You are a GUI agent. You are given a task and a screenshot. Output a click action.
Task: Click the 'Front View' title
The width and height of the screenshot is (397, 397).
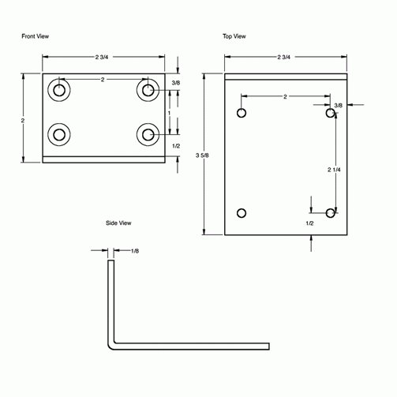pos(35,36)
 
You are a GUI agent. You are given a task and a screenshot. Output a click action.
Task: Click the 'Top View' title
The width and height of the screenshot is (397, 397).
pos(234,36)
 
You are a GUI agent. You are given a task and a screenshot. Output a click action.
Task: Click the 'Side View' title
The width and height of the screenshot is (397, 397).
pos(118,223)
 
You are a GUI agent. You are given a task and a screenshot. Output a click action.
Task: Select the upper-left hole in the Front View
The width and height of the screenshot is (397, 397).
pos(58,91)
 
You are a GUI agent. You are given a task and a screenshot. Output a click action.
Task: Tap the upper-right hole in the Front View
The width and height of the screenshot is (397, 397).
pos(147,91)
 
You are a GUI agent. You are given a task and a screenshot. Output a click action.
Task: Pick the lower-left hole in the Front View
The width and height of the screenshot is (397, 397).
pos(58,135)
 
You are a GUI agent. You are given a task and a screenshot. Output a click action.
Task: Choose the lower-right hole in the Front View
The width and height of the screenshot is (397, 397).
pos(147,135)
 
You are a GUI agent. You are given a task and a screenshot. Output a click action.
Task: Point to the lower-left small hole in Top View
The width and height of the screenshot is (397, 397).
pos(242,212)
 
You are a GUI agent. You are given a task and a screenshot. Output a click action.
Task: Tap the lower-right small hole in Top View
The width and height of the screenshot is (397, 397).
pos(331,212)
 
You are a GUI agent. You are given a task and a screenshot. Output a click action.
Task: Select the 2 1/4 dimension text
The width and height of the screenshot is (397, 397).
pos(335,170)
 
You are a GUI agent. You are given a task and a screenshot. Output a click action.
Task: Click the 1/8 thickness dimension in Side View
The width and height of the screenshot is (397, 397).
pos(134,251)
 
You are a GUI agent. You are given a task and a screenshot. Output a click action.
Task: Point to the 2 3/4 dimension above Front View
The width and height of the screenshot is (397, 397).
pos(103,57)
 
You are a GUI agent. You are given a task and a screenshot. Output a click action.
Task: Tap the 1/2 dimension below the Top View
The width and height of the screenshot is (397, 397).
pos(310,224)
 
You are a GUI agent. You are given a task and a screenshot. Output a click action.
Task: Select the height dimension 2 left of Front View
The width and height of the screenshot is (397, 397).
pos(24,120)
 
